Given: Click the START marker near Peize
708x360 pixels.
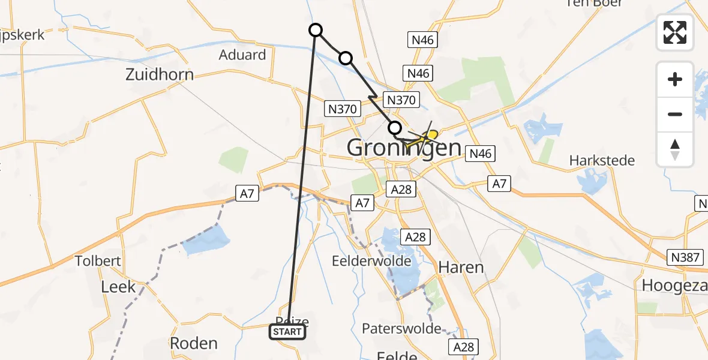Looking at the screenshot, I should (x=287, y=332).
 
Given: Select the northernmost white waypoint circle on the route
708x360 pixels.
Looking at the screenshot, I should (x=316, y=30).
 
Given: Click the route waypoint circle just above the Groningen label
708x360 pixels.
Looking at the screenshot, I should (x=395, y=127).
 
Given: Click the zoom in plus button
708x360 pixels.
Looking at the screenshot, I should (x=675, y=79).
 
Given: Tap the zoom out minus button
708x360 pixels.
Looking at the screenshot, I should (x=675, y=114).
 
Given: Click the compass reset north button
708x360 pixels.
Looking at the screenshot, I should (x=675, y=149).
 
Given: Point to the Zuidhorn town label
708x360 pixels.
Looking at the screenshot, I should (x=160, y=74).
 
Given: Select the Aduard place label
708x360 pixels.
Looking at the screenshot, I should (x=243, y=55).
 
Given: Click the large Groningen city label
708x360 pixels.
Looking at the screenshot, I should (x=404, y=148).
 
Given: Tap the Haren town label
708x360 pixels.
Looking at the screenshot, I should (x=461, y=267).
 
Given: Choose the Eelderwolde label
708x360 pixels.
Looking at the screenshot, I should (x=371, y=262).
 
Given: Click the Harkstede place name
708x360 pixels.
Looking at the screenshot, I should (x=602, y=161).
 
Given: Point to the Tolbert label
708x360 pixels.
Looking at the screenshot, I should (x=98, y=261).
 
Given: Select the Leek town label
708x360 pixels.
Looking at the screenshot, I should (x=118, y=287).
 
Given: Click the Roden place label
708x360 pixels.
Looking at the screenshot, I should (x=193, y=343).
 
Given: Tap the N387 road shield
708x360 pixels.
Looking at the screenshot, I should (x=685, y=257).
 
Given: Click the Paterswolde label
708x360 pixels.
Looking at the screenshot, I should (x=401, y=329).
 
